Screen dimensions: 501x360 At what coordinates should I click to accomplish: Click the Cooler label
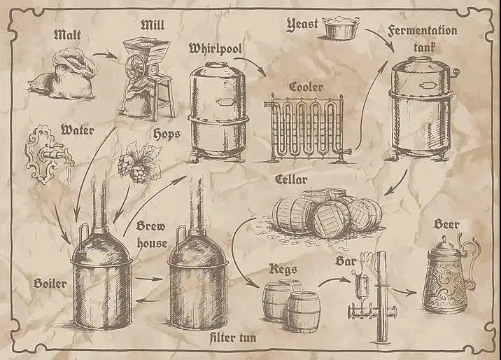[x=306, y=87]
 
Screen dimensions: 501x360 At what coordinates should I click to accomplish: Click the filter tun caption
[x=232, y=338]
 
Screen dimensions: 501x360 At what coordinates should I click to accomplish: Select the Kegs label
[x=284, y=268]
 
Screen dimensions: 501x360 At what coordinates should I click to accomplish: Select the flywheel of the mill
[x=139, y=71]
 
